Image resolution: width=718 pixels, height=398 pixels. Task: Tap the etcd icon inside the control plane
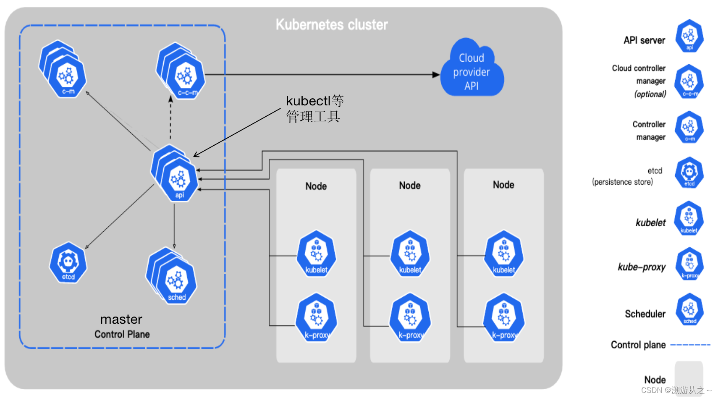tap(68, 263)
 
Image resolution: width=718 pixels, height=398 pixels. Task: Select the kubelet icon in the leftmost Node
tap(316, 254)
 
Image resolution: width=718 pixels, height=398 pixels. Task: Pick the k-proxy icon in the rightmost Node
tap(504, 318)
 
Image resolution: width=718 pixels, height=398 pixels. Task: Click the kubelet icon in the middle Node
tap(410, 254)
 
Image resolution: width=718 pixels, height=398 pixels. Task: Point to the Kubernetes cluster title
tap(332, 25)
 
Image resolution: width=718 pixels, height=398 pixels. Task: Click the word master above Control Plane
tap(121, 319)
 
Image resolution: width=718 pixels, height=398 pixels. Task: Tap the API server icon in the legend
tap(689, 36)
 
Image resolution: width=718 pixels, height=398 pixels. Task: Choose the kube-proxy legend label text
tap(642, 267)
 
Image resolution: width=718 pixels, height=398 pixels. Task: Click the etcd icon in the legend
tap(689, 173)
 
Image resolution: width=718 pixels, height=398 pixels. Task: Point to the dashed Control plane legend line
tap(690, 345)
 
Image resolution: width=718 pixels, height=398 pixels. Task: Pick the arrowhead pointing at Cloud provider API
tap(436, 75)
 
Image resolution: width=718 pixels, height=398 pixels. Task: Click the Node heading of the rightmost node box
tap(503, 185)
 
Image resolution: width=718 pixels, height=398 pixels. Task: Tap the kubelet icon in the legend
tap(689, 218)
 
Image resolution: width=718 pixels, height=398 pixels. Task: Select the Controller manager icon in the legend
tap(689, 127)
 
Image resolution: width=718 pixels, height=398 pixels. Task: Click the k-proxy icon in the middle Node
tap(410, 318)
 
